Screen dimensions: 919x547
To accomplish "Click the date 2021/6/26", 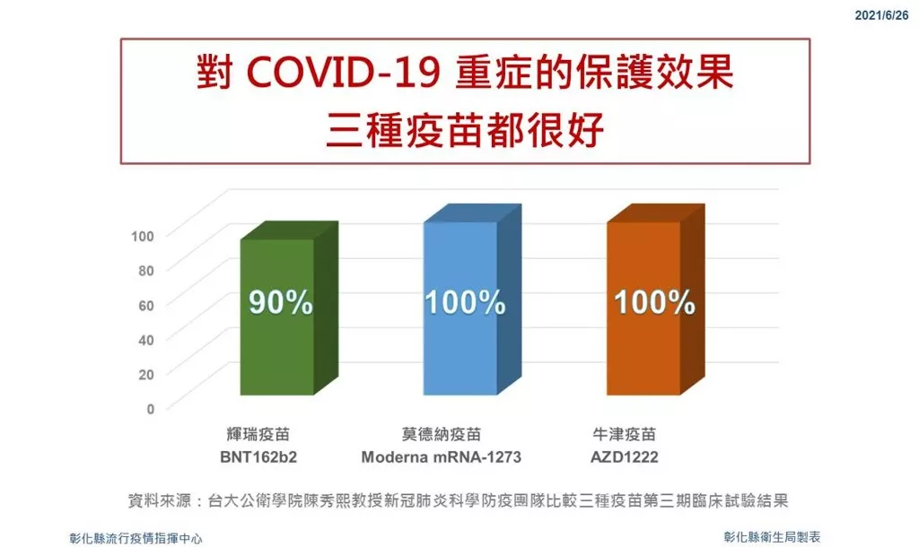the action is click(x=881, y=15).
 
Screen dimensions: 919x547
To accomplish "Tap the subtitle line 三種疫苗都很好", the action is click(x=465, y=130).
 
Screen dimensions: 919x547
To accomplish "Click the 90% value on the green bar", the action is click(x=281, y=302).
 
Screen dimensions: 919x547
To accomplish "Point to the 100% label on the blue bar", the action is click(x=465, y=302).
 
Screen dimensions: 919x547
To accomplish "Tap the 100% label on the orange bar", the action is click(x=654, y=302).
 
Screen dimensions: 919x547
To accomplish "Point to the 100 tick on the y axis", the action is click(x=143, y=236).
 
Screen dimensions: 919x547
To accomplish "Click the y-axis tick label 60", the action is click(x=146, y=305).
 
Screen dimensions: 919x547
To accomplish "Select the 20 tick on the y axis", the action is click(x=146, y=374).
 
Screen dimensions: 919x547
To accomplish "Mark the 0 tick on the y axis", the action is click(x=151, y=409).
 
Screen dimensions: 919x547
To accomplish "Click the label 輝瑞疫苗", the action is click(x=258, y=435).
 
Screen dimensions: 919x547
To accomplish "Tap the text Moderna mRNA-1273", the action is click(x=442, y=456).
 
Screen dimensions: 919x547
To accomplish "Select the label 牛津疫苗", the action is click(x=625, y=435).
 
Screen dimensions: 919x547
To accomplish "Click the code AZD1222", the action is click(x=625, y=456).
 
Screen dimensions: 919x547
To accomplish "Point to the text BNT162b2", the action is click(x=258, y=456).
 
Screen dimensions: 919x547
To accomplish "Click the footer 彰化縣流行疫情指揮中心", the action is click(x=136, y=538).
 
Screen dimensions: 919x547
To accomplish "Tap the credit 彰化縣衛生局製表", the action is click(x=772, y=536).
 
